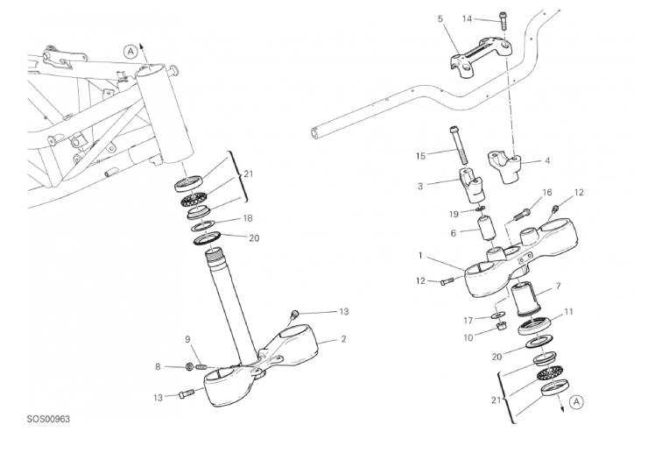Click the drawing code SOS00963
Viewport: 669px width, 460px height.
[48, 419]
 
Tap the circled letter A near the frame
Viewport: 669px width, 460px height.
[130, 52]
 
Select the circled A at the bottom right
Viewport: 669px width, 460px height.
[576, 402]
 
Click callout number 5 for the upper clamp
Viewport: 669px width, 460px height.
[440, 18]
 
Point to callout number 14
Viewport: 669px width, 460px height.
[468, 18]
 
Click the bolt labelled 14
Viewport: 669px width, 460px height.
[503, 20]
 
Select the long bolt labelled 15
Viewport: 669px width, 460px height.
[459, 145]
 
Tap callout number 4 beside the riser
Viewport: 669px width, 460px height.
[547, 160]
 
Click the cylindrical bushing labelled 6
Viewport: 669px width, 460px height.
[487, 230]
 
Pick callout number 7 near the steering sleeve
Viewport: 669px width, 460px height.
[558, 286]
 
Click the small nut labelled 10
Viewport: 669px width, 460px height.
[502, 327]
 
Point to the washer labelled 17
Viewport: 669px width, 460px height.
[497, 315]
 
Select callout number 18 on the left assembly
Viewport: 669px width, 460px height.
[248, 218]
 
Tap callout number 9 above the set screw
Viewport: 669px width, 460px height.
[187, 340]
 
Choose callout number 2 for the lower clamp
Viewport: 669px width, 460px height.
[343, 339]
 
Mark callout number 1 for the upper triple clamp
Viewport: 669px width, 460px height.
[419, 256]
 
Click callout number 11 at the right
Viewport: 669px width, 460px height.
[568, 312]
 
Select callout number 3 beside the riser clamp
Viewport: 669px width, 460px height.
[420, 187]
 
